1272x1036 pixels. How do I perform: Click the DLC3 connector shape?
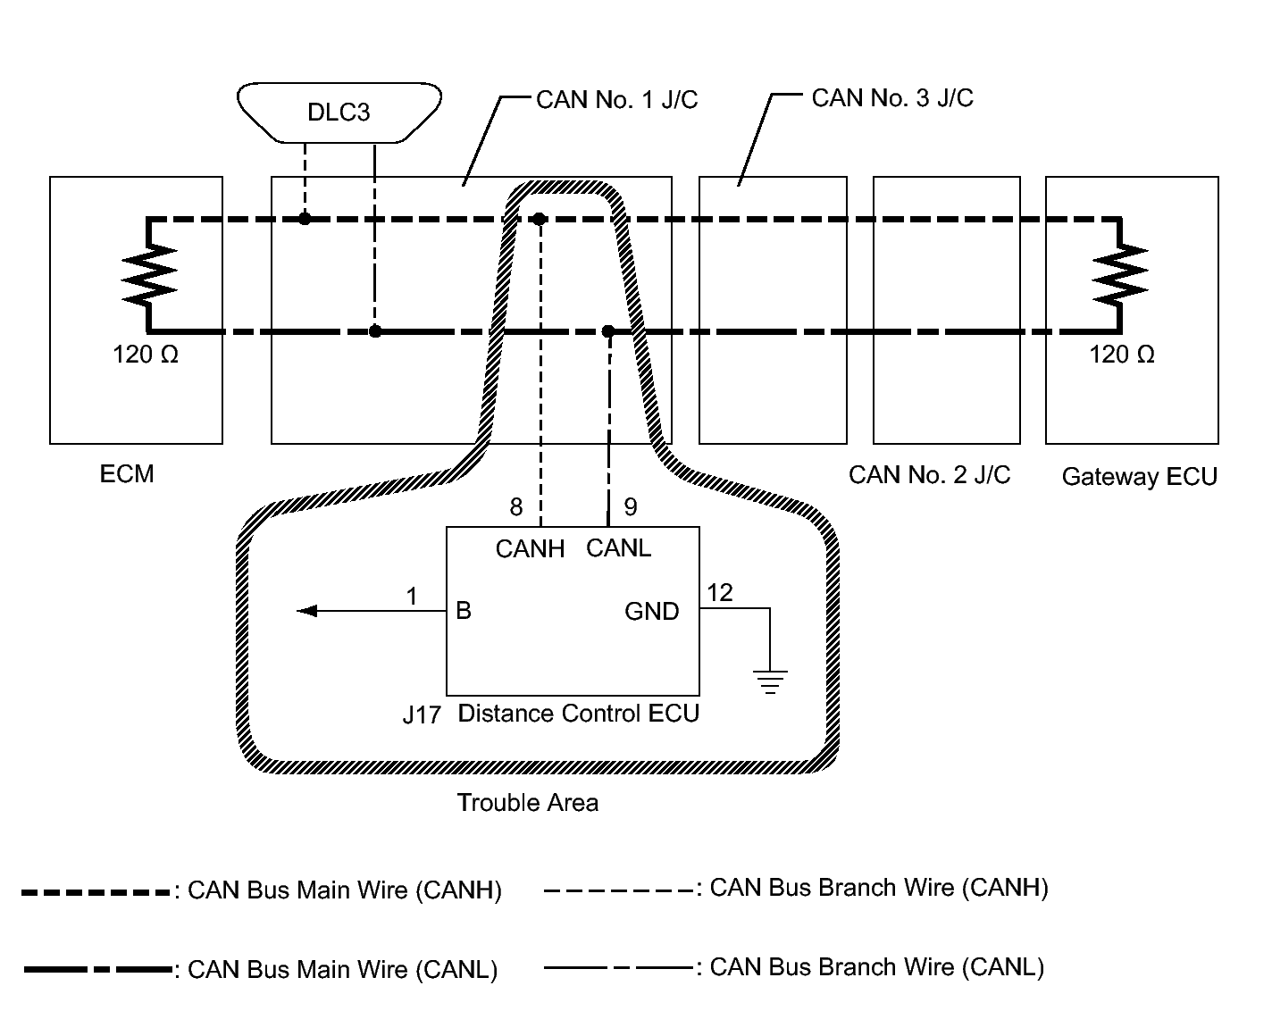pyautogui.click(x=339, y=113)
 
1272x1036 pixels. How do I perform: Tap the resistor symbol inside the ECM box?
pyautogui.click(x=149, y=275)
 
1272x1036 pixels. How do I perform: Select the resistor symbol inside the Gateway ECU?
pyautogui.click(x=1120, y=275)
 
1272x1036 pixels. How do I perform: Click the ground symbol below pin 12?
pyautogui.click(x=770, y=681)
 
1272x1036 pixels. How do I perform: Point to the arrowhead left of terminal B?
pyautogui.click(x=307, y=611)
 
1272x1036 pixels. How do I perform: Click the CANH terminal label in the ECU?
pyautogui.click(x=530, y=549)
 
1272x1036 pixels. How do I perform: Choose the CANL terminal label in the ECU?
pyautogui.click(x=618, y=548)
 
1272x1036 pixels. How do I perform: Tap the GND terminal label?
pyautogui.click(x=651, y=612)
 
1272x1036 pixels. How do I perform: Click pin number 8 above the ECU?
pyautogui.click(x=516, y=507)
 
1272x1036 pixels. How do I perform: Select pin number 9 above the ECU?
pyautogui.click(x=631, y=507)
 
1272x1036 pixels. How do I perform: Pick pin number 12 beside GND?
pyautogui.click(x=720, y=593)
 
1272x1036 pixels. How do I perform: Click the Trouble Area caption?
pyautogui.click(x=527, y=803)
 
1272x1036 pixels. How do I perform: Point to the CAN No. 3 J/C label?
pyautogui.click(x=892, y=98)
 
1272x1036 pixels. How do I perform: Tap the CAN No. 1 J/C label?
pyautogui.click(x=617, y=100)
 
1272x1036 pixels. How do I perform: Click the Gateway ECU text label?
pyautogui.click(x=1140, y=477)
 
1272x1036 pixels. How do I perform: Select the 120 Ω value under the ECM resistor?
pyautogui.click(x=146, y=355)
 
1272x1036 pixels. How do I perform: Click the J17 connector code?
pyautogui.click(x=422, y=714)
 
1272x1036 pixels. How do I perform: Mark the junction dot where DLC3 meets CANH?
pyautogui.click(x=305, y=219)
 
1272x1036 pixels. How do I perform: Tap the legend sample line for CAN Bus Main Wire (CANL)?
pyautogui.click(x=98, y=969)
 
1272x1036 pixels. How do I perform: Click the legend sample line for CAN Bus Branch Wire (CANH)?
pyautogui.click(x=619, y=891)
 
